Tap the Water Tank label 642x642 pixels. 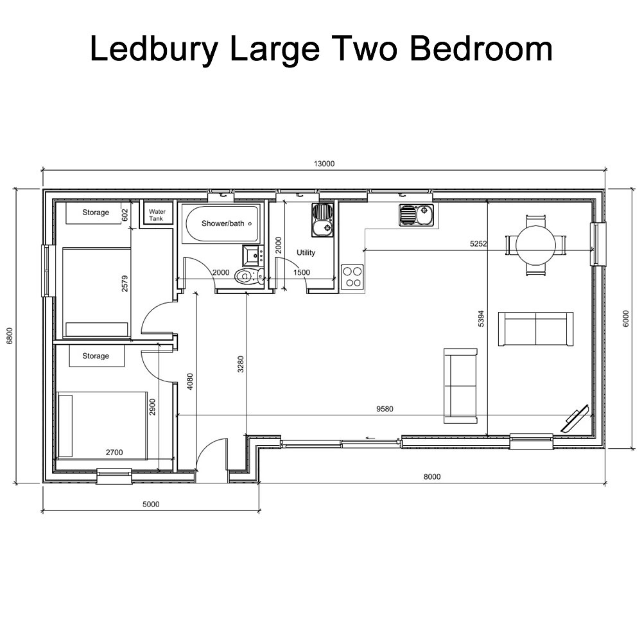pyautogui.click(x=157, y=215)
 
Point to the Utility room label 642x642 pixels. pyautogui.click(x=306, y=252)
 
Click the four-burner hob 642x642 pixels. pyautogui.click(x=352, y=277)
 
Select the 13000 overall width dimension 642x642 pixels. pyautogui.click(x=324, y=164)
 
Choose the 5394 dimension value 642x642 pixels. pyautogui.click(x=481, y=319)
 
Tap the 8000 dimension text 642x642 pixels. pyautogui.click(x=432, y=476)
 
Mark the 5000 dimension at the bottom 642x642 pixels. pyautogui.click(x=150, y=505)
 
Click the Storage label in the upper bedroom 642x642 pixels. pyautogui.click(x=96, y=213)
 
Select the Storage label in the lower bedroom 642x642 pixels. pyautogui.click(x=96, y=356)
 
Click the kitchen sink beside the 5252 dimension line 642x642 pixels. pyautogui.click(x=415, y=215)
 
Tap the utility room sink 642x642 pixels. pyautogui.click(x=322, y=220)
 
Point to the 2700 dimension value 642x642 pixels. pyautogui.click(x=114, y=453)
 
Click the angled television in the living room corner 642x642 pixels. pyautogui.click(x=575, y=419)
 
